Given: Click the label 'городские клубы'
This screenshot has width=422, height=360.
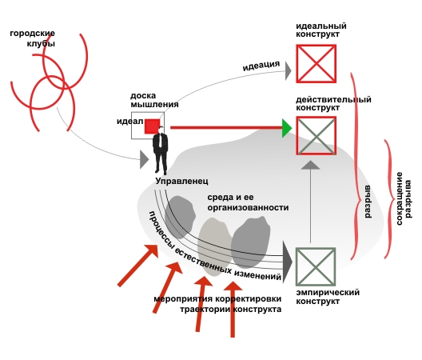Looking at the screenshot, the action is point(32,38).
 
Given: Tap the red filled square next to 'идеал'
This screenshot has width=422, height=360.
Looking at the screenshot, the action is point(153,126).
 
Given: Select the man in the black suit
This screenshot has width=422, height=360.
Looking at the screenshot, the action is point(161,150).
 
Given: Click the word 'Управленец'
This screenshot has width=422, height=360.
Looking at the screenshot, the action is point(182,181).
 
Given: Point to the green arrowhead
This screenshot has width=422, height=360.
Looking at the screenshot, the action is point(287,128).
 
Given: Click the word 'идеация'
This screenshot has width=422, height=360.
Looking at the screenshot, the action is point(261,66).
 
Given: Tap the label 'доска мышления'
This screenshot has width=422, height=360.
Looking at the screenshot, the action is point(154,100).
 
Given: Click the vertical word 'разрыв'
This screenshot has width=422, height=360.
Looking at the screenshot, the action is point(367,202).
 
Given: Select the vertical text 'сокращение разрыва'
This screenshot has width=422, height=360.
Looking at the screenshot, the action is point(404,198).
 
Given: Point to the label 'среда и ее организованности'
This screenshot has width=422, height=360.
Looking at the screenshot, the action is point(248,202).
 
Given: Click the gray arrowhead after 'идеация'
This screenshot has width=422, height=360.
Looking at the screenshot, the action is point(289,71).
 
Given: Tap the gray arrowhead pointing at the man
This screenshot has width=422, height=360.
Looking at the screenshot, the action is point(144,159).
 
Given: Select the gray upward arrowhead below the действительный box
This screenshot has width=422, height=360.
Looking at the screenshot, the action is point(310,165).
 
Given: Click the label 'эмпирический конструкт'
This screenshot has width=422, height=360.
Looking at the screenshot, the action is point(328,297).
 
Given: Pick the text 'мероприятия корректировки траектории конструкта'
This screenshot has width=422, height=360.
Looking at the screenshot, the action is point(217,304).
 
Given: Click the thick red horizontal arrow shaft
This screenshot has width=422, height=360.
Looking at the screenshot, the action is point(226,127).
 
